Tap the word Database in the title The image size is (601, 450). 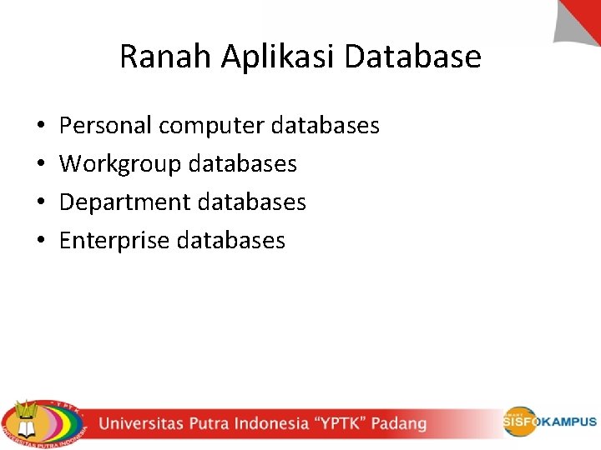coord(413,57)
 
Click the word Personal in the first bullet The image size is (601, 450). coord(106,126)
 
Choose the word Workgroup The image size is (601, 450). coord(120,164)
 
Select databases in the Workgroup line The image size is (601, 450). coord(243,164)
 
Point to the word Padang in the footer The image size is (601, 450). coord(398,423)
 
